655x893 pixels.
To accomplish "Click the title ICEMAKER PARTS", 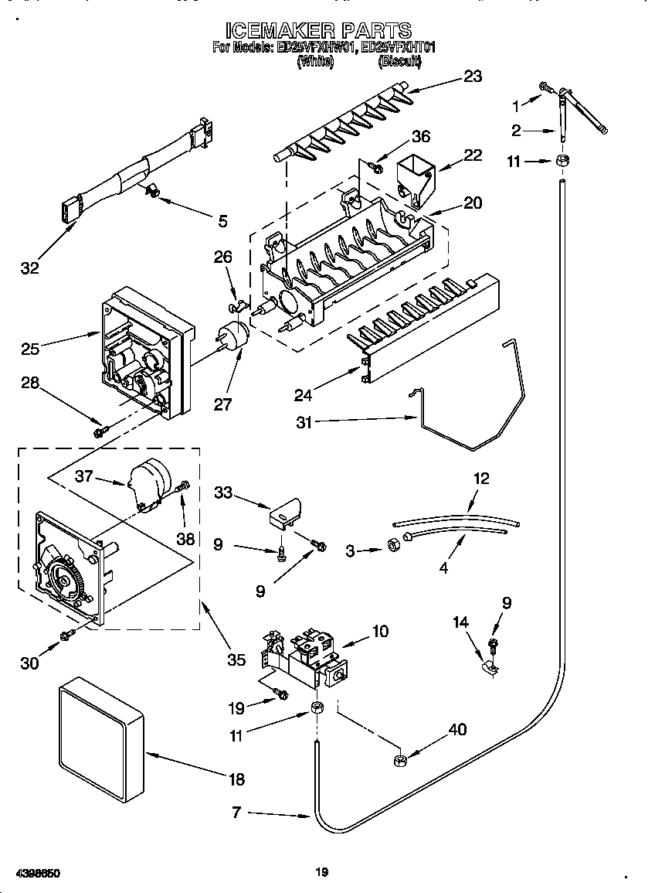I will coord(318,30).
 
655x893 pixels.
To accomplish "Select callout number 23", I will coord(472,76).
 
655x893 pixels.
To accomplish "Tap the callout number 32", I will coord(29,268).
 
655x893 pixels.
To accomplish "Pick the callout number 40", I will coord(457,728).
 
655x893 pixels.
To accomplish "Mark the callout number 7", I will coord(237,812).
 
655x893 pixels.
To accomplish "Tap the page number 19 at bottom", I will coord(322,872).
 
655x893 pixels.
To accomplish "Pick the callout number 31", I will coord(305,421).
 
